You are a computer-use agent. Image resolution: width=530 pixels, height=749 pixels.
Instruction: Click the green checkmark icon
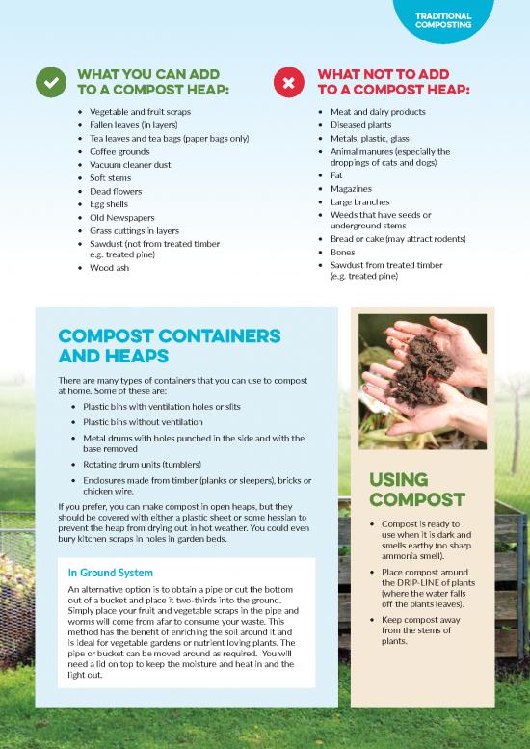click(x=49, y=83)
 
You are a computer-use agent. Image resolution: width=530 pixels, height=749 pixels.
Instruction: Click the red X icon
click(x=287, y=83)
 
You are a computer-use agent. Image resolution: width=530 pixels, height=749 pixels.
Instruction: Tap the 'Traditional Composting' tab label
click(x=442, y=21)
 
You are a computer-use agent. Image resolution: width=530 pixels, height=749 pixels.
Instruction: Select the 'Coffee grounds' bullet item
click(x=119, y=151)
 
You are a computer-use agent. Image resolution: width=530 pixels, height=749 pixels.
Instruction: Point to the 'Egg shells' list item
click(x=109, y=204)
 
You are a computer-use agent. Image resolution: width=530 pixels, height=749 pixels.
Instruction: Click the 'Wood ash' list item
click(x=109, y=268)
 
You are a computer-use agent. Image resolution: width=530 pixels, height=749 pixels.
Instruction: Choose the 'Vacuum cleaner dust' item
click(x=130, y=165)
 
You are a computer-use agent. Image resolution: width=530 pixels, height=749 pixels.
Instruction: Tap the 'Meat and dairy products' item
click(x=378, y=112)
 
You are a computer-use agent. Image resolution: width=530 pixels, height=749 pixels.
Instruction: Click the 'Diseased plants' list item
click(x=360, y=125)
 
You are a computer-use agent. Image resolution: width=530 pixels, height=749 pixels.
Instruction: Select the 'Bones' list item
click(x=342, y=252)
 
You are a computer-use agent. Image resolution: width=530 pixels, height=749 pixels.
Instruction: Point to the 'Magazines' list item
click(x=351, y=189)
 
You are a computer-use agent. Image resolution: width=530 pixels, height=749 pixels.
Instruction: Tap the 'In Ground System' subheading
click(x=111, y=573)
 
